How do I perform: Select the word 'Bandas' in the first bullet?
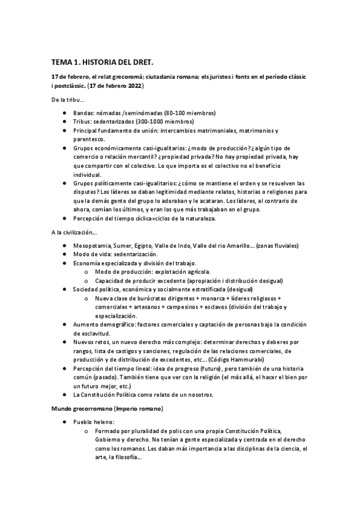pos(83,113)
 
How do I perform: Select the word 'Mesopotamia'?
pos(92,246)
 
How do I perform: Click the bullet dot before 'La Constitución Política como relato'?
pos(65,395)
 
